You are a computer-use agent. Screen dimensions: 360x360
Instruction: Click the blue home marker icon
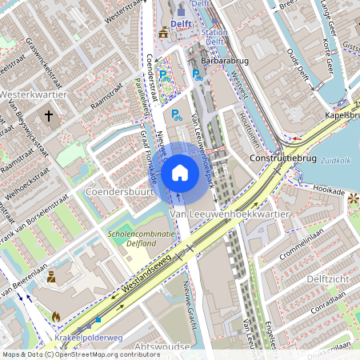tap(180, 173)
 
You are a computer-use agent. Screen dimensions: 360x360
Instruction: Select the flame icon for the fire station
tap(55, 317)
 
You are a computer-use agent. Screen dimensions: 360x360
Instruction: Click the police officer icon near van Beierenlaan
tap(50, 278)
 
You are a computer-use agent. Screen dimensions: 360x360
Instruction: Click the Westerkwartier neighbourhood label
tap(33, 94)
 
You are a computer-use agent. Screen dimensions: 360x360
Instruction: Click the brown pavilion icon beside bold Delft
tap(164, 32)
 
